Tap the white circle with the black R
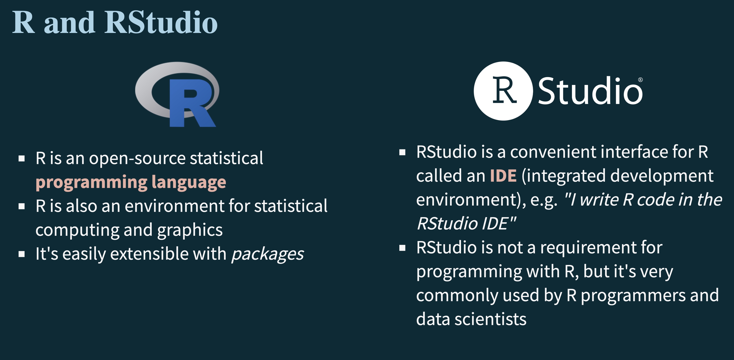click(503, 91)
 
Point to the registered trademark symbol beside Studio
click(640, 80)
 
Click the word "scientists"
click(490, 319)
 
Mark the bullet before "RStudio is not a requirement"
click(402, 248)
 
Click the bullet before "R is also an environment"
click(22, 206)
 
